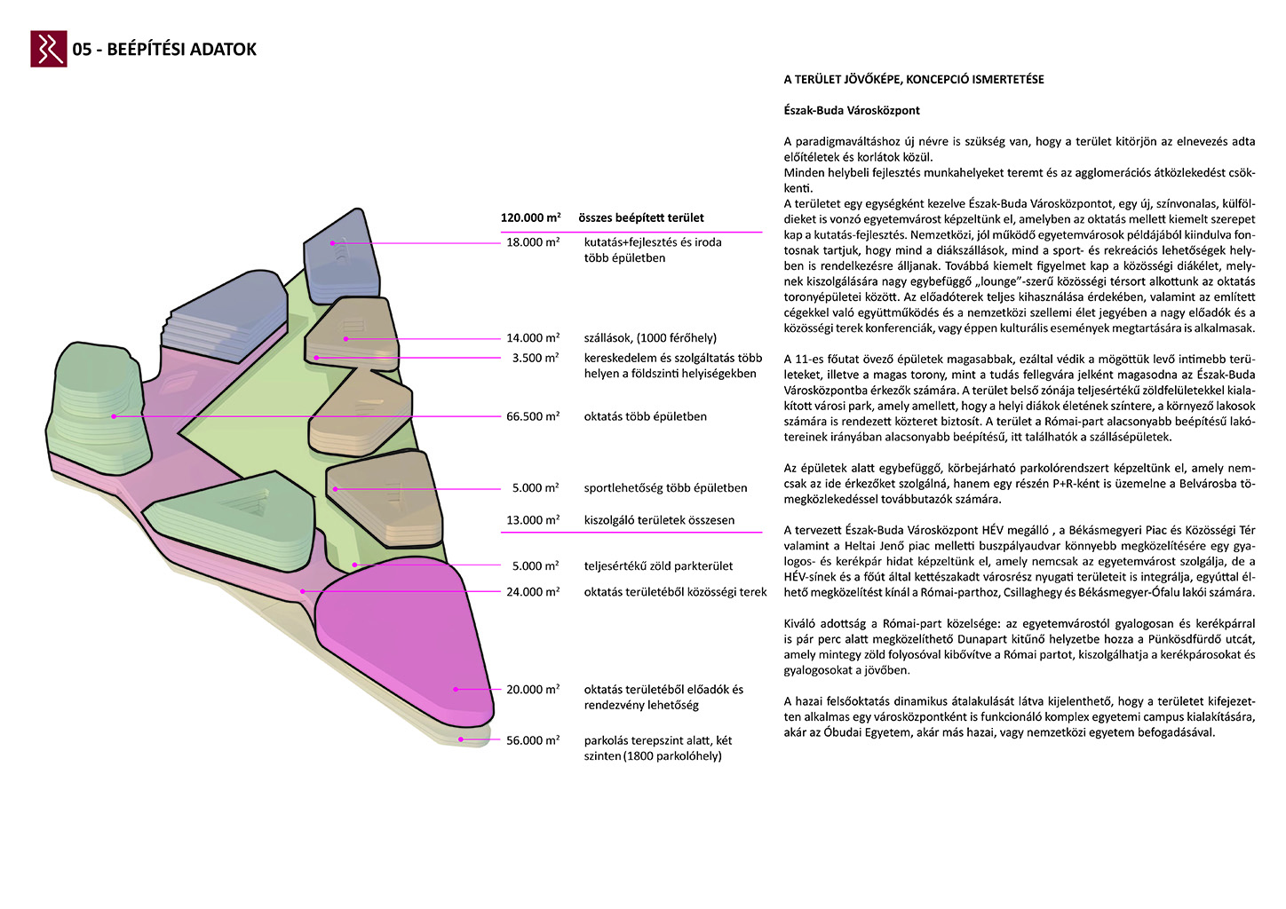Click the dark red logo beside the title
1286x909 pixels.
(x=48, y=49)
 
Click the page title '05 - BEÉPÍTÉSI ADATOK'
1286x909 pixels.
(x=164, y=50)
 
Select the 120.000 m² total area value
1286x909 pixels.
(x=530, y=217)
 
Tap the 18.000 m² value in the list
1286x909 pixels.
(x=533, y=242)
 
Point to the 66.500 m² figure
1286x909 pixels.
(x=533, y=416)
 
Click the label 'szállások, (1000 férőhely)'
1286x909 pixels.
(x=650, y=338)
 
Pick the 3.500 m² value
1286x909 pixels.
(x=536, y=358)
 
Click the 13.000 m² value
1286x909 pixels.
(x=533, y=520)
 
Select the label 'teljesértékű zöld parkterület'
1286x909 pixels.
(x=658, y=566)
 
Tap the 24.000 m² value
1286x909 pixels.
(x=533, y=592)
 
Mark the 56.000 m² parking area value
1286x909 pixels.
(x=533, y=740)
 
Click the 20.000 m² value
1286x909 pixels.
(x=533, y=690)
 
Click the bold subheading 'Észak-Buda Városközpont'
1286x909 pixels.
(x=852, y=111)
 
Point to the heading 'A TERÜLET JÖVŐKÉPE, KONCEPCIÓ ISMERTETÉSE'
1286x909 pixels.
(x=914, y=80)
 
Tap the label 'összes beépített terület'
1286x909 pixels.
(x=640, y=217)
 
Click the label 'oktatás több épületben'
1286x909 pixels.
(x=645, y=416)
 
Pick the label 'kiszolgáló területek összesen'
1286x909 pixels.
(x=659, y=520)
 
